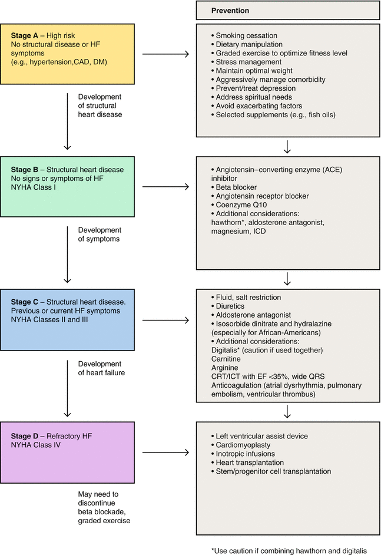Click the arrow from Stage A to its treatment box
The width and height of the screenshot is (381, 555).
[165, 55]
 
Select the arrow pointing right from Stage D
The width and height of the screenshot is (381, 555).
[165, 452]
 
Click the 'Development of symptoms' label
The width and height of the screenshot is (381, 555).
[100, 234]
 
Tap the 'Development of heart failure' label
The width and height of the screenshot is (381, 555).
[100, 368]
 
